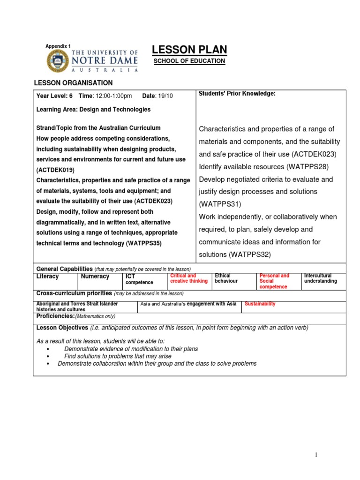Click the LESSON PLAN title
pyautogui.click(x=189, y=50)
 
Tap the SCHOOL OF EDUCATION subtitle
pyautogui.click(x=189, y=61)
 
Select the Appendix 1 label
pyautogui.click(x=58, y=46)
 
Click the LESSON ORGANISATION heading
pyautogui.click(x=74, y=83)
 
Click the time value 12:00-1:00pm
pyautogui.click(x=113, y=96)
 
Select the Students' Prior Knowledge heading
pyautogui.click(x=237, y=94)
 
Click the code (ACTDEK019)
pyautogui.click(x=55, y=170)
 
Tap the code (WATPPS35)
pyautogui.click(x=145, y=243)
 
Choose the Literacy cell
pyautogui.click(x=48, y=277)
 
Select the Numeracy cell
pyautogui.click(x=95, y=277)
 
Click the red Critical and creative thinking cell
pyautogui.click(x=188, y=278)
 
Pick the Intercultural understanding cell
pyautogui.click(x=321, y=278)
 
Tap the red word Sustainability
pyautogui.click(x=260, y=304)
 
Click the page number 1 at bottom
pyautogui.click(x=316, y=455)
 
